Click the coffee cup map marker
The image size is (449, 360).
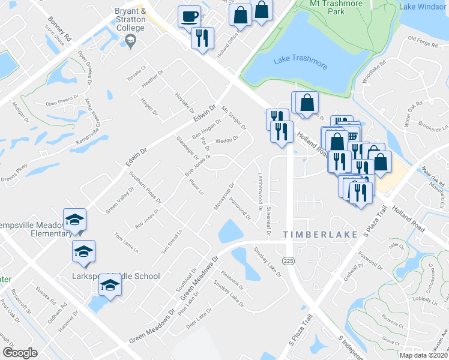pos(190,16)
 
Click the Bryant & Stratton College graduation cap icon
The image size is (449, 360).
pos(130,40)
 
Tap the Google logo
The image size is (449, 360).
pos(20,353)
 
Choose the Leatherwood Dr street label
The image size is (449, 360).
pos(261,192)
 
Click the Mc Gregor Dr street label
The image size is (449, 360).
pos(234,118)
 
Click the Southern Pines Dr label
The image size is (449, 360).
pos(145,188)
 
